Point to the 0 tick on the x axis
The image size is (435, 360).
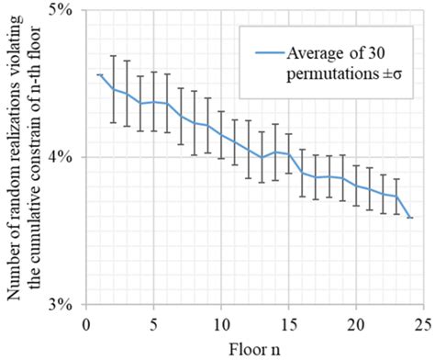(84, 321)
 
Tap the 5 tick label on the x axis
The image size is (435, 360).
(152, 321)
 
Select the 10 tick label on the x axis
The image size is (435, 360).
(220, 321)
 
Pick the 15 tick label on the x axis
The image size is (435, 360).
(288, 321)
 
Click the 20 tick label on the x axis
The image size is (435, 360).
(356, 321)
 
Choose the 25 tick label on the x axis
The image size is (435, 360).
(423, 321)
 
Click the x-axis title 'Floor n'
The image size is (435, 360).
(253, 346)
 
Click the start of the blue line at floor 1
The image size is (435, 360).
(98, 74)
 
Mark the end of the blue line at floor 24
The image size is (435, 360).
(410, 218)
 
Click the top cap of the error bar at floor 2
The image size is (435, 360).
(112, 55)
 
